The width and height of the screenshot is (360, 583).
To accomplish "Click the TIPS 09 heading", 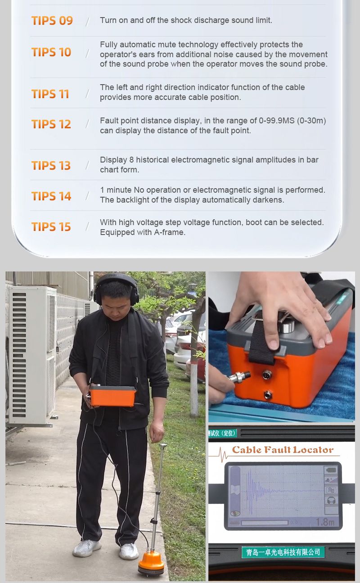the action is (52, 21).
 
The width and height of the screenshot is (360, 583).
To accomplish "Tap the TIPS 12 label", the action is (51, 124).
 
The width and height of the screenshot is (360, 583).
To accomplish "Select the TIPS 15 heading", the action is (51, 227).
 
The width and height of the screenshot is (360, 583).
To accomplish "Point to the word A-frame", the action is (169, 232).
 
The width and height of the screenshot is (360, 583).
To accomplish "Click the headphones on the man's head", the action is (116, 286).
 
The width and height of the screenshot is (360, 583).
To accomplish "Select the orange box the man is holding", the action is (112, 396).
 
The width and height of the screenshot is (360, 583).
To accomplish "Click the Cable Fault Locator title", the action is (283, 449).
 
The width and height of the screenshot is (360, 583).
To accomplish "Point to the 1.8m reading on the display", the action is (325, 522).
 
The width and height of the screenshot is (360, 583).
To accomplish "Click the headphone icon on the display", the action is (331, 500).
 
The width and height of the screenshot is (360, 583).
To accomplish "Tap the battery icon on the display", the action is (331, 470).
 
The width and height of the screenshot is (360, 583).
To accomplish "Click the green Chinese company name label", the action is (283, 552).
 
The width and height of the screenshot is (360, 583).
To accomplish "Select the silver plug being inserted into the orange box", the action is (239, 376).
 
